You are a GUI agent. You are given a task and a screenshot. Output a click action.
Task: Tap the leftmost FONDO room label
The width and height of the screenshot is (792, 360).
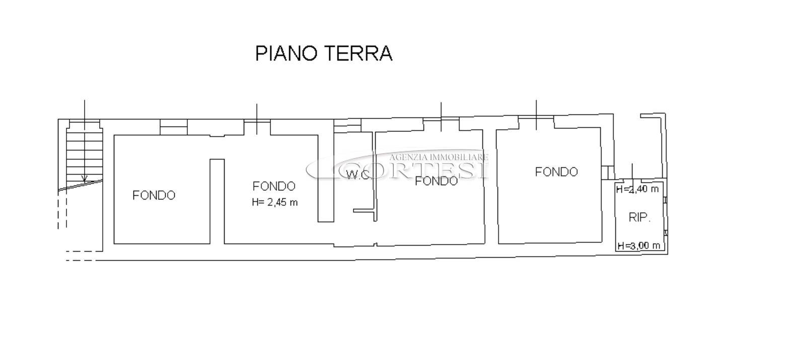coord(154,195)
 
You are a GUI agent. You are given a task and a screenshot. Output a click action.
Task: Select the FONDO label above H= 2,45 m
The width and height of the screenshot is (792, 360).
coord(274,186)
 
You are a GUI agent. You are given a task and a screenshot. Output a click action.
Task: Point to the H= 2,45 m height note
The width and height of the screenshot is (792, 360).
coord(275,202)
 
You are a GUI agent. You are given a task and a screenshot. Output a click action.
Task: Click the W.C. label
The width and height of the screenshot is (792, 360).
coord(358,175)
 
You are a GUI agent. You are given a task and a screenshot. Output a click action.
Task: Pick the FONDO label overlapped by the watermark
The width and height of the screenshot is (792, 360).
coord(437,181)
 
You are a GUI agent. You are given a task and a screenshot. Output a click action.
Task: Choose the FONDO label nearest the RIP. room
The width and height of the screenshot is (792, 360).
coord(556,172)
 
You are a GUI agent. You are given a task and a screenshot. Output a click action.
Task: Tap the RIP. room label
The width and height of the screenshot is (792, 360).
coord(639,217)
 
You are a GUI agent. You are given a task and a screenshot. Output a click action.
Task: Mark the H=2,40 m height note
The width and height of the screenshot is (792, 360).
coord(637,189)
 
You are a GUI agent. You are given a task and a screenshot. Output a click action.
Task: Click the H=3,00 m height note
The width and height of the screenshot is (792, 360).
coord(639,245)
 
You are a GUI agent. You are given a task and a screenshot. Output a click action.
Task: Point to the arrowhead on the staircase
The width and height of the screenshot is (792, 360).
coord(84,179)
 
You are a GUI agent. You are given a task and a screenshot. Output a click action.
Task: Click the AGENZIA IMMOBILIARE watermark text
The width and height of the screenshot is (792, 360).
coord(439,158)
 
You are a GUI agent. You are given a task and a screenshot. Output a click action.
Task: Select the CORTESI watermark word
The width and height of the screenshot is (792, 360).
coord(414,171)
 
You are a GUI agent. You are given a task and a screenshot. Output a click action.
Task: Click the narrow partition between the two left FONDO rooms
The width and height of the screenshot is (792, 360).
coord(217,201)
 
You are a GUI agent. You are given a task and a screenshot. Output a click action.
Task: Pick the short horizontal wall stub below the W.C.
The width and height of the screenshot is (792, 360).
coord(364,210)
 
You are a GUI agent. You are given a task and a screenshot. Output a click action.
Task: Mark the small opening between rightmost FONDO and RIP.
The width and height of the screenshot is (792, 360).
coord(608,173)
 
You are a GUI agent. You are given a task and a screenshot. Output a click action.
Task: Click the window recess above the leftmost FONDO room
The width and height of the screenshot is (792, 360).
coord(174,127)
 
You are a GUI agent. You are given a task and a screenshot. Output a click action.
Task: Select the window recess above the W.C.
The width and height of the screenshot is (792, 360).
coord(347,125)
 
